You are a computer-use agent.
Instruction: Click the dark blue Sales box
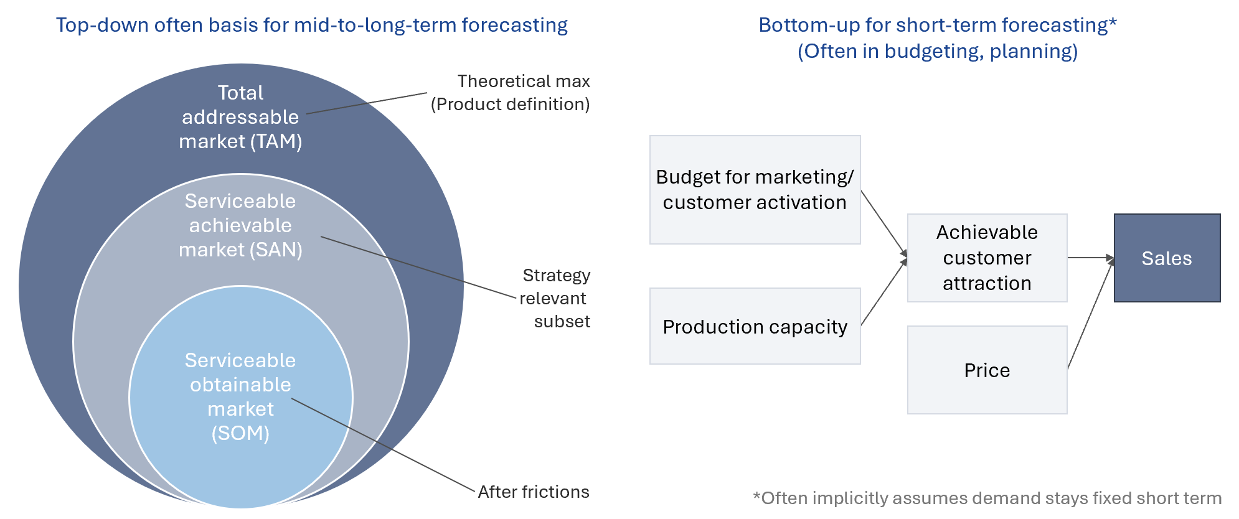pos(1167,258)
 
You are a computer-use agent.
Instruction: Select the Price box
pos(987,370)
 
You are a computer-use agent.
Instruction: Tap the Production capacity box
pos(755,325)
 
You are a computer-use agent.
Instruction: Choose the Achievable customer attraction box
pos(987,258)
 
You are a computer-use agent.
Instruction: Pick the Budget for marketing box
pos(755,190)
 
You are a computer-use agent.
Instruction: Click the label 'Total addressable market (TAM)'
pos(240,117)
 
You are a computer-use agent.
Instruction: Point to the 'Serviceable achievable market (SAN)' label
pos(240,225)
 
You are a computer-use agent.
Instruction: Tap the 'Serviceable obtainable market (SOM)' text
pos(240,396)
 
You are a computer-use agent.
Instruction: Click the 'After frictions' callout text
pos(534,492)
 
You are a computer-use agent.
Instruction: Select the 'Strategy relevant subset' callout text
pos(555,298)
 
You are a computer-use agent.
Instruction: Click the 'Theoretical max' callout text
pos(524,81)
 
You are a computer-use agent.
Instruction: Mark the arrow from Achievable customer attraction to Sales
pos(1091,258)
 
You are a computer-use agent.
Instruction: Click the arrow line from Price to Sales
pos(1091,313)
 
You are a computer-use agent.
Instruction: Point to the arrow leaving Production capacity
pos(884,291)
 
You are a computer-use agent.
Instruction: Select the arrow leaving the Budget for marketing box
pos(884,223)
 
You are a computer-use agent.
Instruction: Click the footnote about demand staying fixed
pos(987,498)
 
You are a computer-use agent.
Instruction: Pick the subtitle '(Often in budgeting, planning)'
pos(938,51)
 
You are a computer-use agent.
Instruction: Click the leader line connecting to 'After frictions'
pos(383,445)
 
